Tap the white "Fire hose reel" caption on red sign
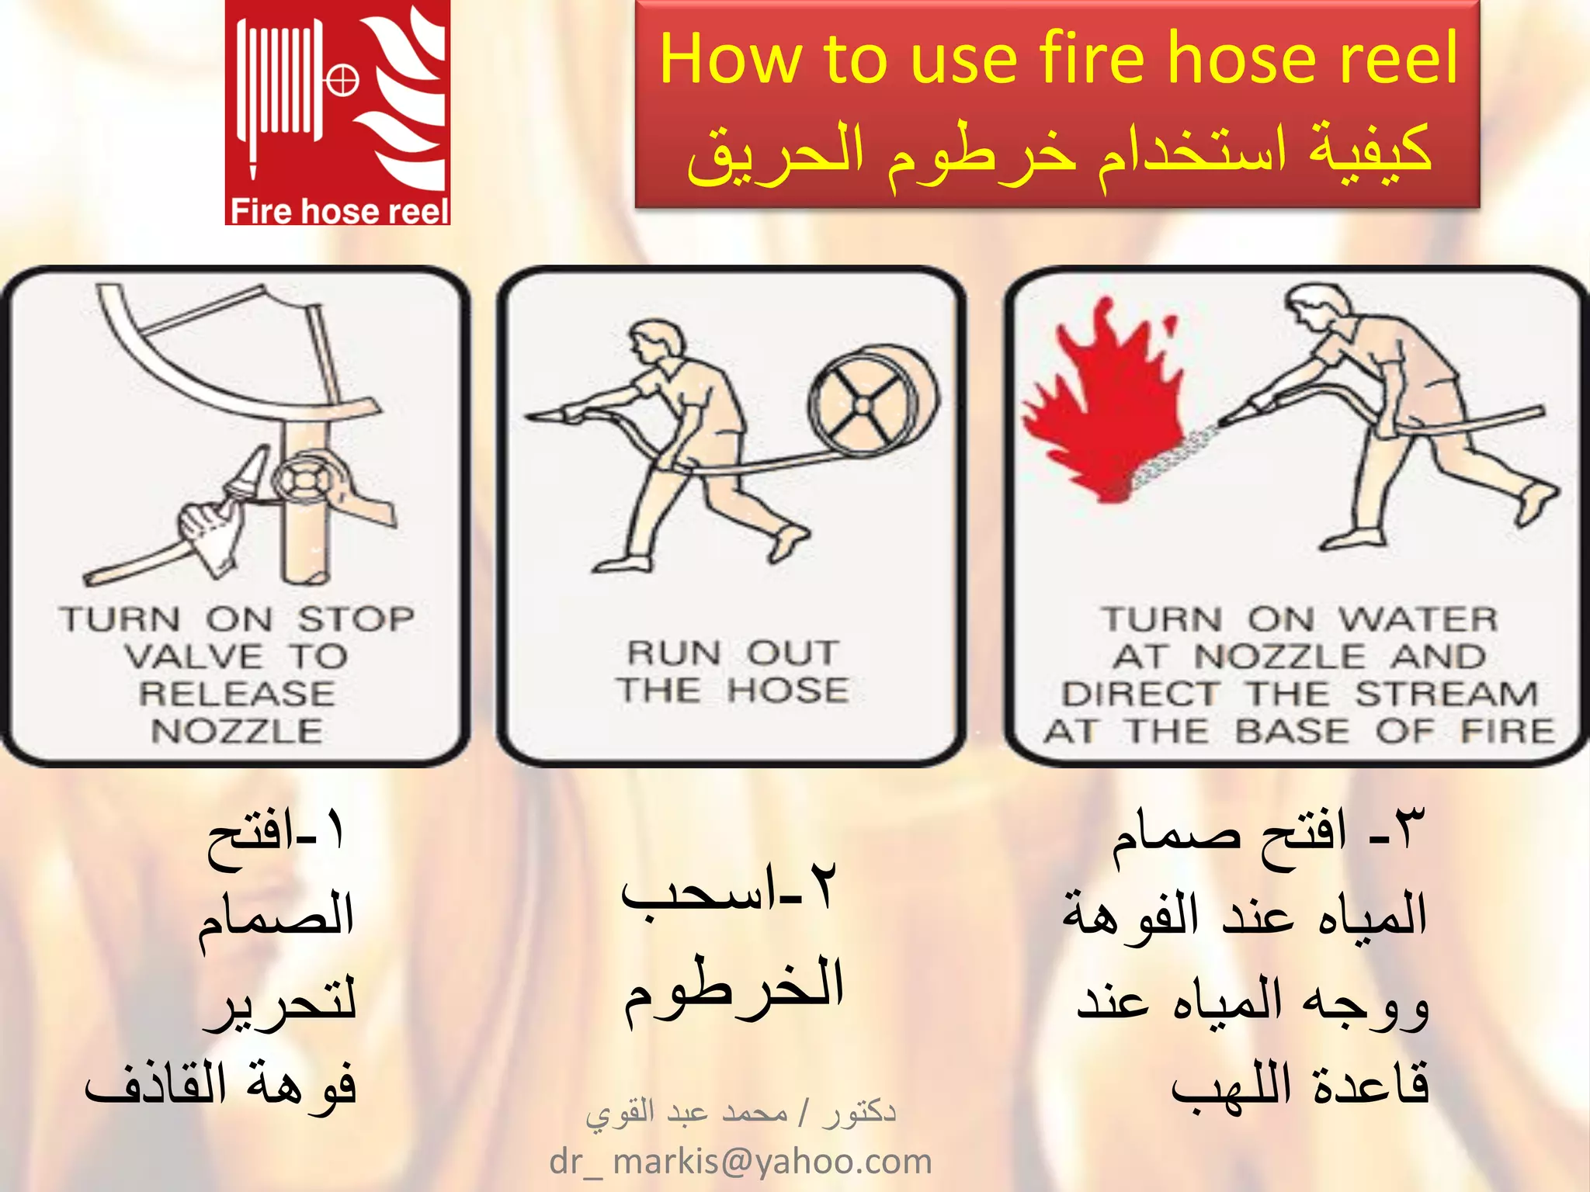tap(339, 211)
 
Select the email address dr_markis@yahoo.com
tap(740, 1162)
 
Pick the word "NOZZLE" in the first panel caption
tap(237, 731)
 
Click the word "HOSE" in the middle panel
tap(788, 690)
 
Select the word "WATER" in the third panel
tap(1418, 619)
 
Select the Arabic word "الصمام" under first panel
tap(276, 916)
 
